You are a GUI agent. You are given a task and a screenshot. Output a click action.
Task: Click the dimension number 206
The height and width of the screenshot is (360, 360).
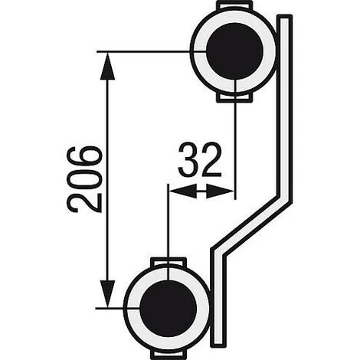(84, 178)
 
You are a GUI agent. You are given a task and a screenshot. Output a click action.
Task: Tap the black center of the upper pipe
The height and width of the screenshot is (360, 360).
(234, 51)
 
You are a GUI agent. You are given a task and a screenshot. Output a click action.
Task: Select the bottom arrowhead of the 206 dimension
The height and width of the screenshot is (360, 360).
(108, 296)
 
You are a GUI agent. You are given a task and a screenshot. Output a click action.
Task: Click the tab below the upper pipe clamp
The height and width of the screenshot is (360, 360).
(234, 97)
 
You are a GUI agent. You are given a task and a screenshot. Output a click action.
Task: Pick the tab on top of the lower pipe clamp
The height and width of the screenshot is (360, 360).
(166, 262)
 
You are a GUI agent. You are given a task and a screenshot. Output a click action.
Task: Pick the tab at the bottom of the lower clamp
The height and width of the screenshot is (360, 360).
(166, 353)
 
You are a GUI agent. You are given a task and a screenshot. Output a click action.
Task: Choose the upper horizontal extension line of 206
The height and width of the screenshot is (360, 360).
(146, 51)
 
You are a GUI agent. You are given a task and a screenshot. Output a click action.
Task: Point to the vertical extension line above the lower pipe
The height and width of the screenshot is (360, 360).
(166, 230)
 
